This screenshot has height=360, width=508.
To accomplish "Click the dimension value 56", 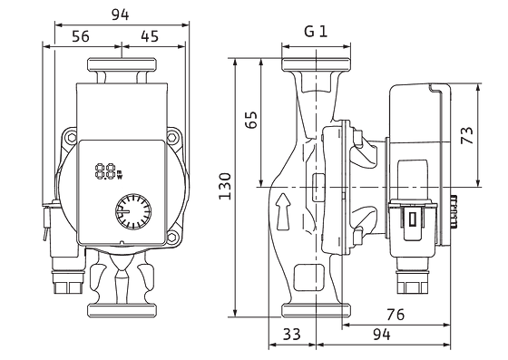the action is (81, 36).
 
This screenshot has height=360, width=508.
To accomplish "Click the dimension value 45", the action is (150, 36).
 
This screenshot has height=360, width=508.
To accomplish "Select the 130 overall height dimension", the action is (225, 186).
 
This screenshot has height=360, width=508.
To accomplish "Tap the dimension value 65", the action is (251, 120).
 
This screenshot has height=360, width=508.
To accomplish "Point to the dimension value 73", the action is (467, 135).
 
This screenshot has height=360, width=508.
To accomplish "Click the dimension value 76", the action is (396, 315).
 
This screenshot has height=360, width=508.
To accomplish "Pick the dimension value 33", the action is (292, 334).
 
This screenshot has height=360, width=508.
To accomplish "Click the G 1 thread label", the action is (316, 32).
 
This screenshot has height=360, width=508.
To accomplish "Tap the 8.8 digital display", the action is (109, 171).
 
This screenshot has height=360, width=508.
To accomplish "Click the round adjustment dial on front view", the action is (132, 211).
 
